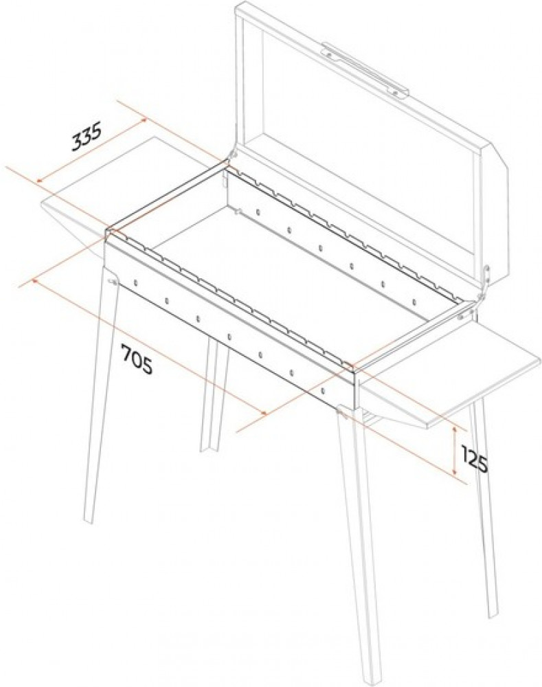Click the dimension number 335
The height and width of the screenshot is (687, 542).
[87, 136]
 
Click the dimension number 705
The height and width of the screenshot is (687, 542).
[137, 359]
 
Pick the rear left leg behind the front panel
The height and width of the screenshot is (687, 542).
[213, 394]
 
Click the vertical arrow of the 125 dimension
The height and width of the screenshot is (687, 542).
[455, 451]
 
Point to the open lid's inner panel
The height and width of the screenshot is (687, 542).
[368, 149]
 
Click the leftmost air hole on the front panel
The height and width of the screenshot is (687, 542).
[136, 282]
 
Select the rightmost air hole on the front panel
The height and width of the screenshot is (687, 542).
[323, 390]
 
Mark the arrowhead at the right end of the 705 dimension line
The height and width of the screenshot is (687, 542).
[263, 413]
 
